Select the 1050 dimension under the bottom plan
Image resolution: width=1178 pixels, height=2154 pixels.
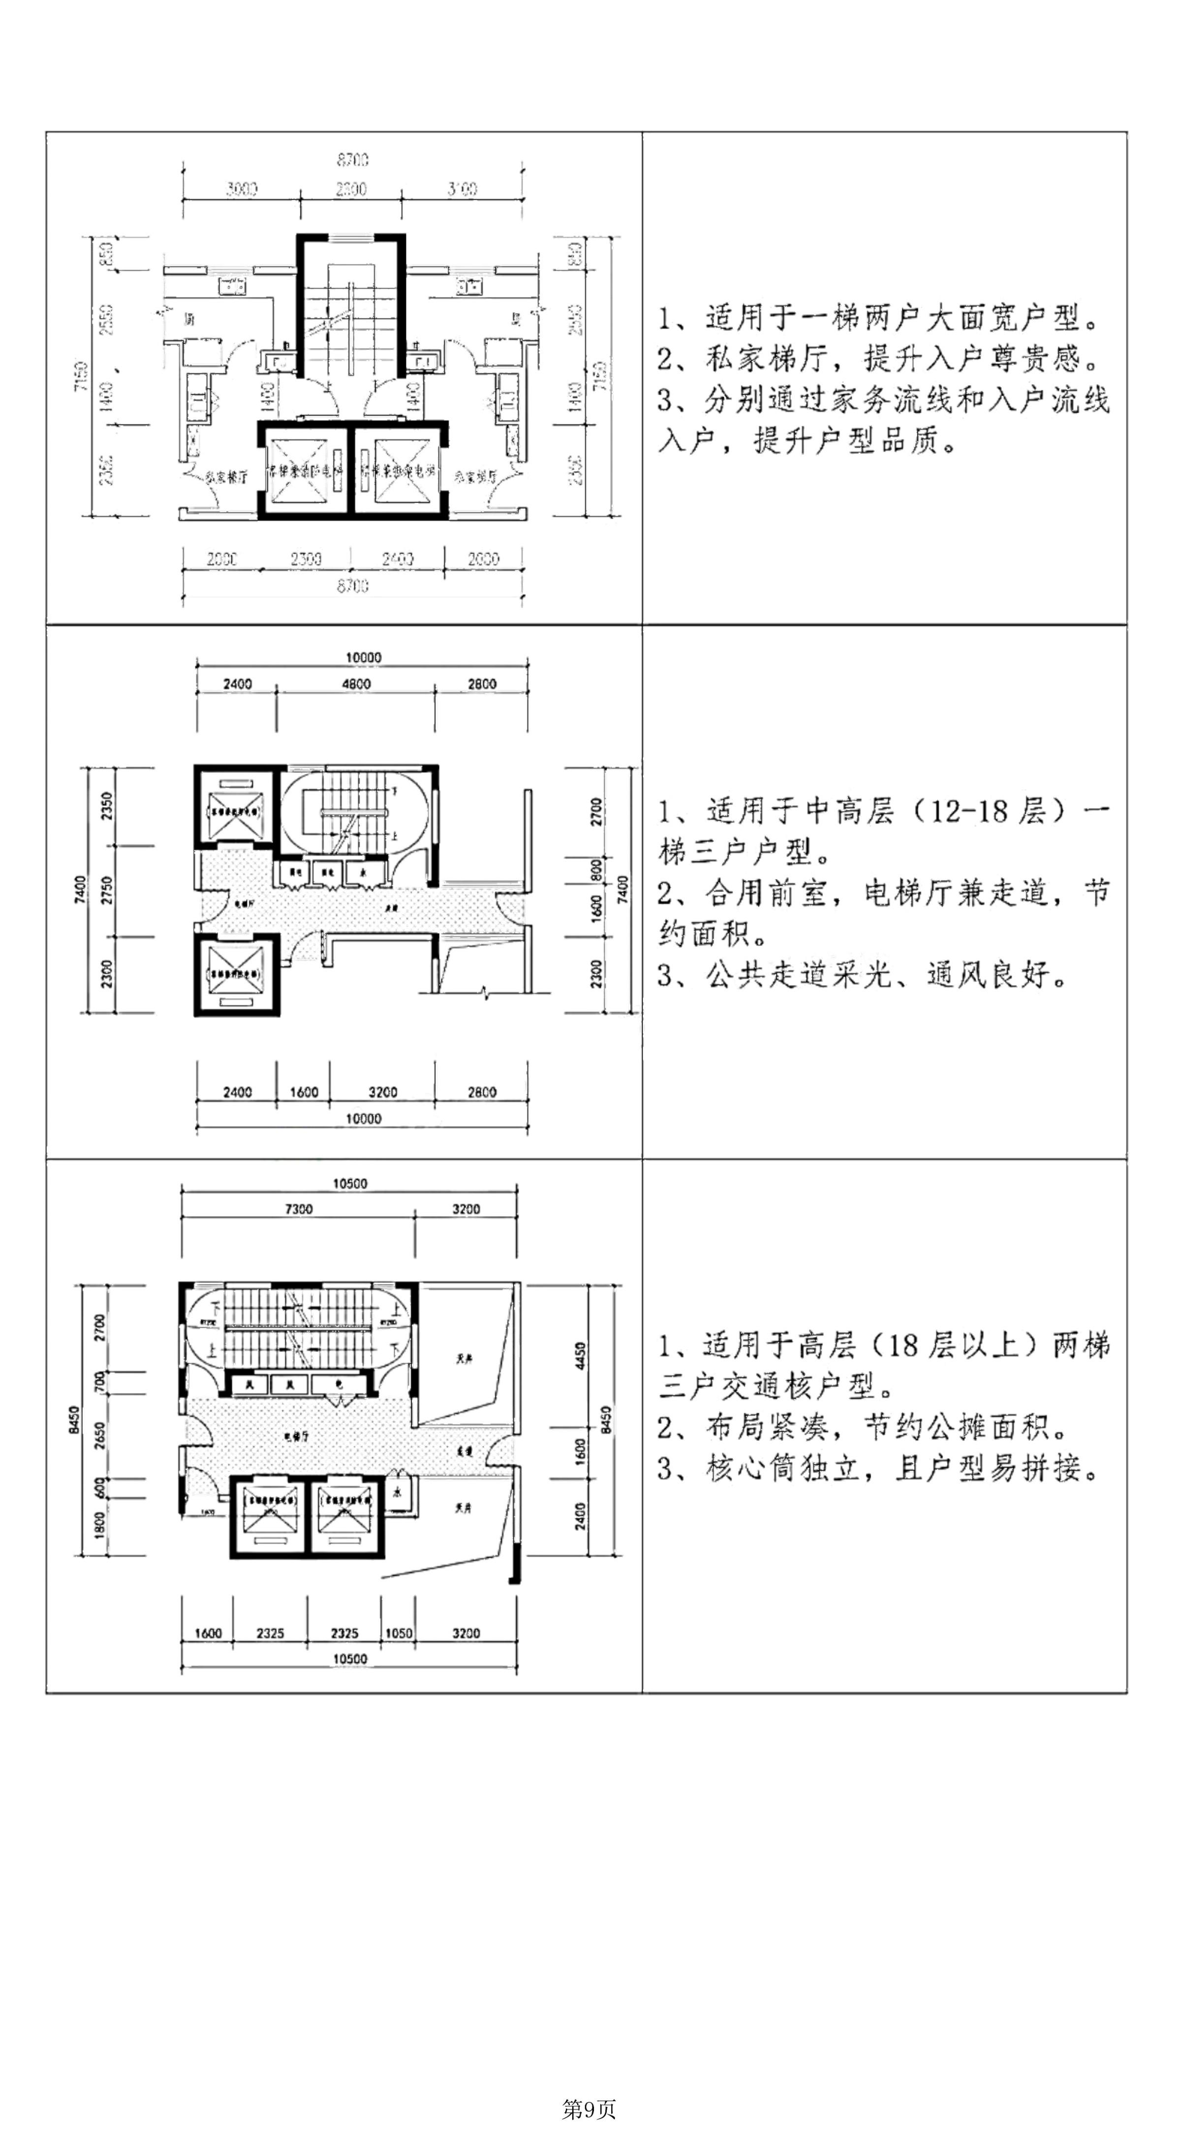[x=399, y=1632]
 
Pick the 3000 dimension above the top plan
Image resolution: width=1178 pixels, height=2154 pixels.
[x=242, y=189]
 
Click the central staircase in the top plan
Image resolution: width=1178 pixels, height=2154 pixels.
[x=351, y=318]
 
